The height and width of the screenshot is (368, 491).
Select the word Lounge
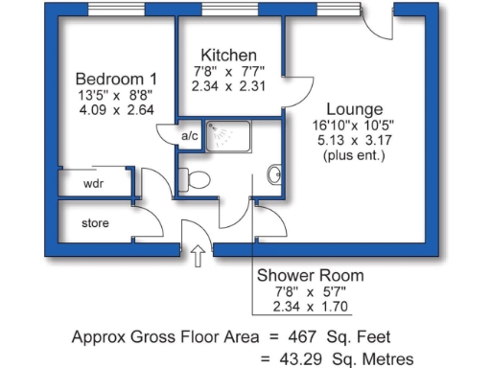tap(355, 108)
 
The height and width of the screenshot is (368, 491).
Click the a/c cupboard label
tap(189, 136)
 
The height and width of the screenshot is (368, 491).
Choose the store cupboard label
tap(95, 224)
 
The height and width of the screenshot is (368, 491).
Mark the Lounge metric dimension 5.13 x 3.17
tap(355, 140)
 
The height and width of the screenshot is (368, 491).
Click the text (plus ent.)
tap(355, 155)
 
